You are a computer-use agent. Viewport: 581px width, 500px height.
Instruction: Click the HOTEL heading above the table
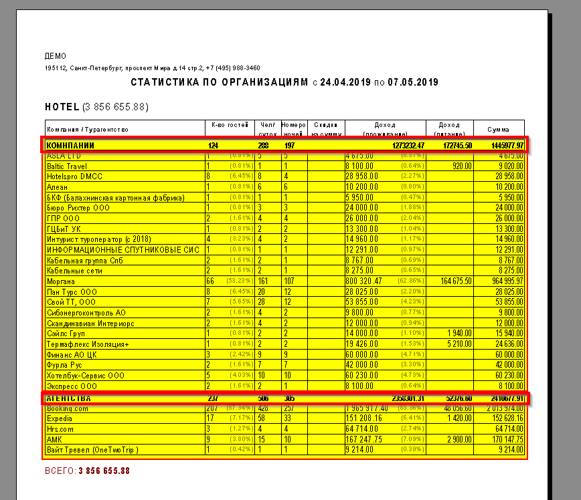click(x=62, y=107)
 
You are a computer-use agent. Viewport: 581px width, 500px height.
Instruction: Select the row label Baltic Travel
click(x=67, y=166)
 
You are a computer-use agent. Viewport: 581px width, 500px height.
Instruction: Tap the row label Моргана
click(x=61, y=281)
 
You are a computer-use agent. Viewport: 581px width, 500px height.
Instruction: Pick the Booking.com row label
click(x=68, y=408)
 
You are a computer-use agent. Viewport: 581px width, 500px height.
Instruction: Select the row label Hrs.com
click(x=60, y=429)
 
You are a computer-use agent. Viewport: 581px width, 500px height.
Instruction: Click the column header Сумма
click(x=498, y=129)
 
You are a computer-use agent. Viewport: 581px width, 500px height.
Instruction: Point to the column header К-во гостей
click(x=229, y=125)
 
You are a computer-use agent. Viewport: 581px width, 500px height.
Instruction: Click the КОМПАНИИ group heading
click(x=70, y=145)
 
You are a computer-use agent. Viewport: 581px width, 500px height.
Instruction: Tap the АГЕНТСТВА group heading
click(x=68, y=398)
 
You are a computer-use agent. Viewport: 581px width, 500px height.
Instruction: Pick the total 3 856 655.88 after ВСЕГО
click(x=104, y=471)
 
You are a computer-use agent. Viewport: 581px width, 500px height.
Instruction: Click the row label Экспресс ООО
click(x=72, y=386)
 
